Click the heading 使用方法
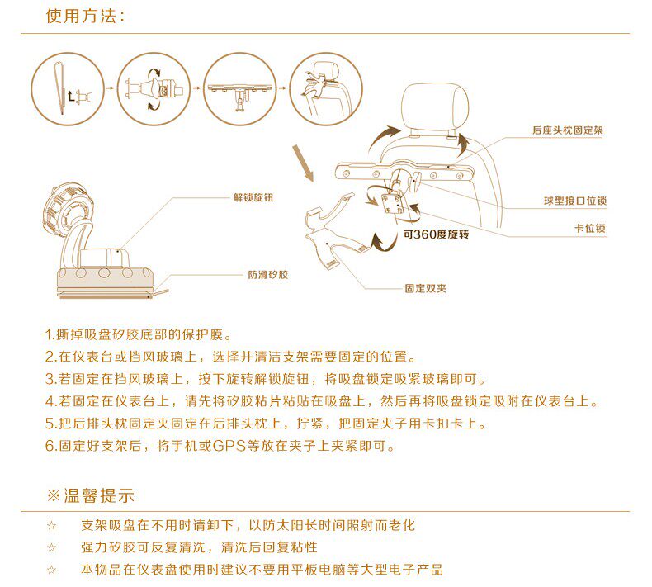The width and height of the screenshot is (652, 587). coord(82,17)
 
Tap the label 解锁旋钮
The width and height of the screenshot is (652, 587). coord(253,197)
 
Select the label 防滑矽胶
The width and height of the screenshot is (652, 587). coord(268,275)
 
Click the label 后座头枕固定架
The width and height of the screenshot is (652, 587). coord(568,130)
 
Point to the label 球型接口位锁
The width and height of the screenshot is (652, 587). coord(575,201)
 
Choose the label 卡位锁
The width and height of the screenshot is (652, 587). coord(590,228)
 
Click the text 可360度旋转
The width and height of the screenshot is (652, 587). coord(437,234)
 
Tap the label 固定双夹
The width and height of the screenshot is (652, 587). coord(425,288)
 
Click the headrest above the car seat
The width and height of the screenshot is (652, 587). coord(435,105)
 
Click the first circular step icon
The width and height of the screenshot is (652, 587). coord(68,88)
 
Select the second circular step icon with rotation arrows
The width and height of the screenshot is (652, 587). coord(154,88)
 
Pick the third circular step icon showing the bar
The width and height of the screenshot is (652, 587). coord(240,88)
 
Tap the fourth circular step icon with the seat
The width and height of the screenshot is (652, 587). coord(326,88)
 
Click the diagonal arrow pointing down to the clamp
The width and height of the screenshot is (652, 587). coord(303,163)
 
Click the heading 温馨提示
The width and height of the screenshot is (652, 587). coord(91,496)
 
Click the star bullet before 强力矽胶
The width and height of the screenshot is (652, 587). coord(51,547)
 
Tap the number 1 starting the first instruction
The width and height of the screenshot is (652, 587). coord(49,335)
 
